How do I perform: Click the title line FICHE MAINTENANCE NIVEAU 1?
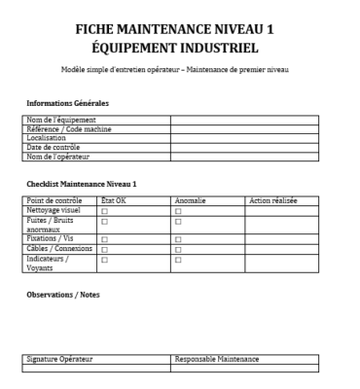[180, 30]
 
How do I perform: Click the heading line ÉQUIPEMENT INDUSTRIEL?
[180, 50]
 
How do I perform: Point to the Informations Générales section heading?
[66, 103]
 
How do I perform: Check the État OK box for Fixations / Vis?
[104, 238]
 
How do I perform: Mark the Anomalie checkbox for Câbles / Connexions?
[178, 248]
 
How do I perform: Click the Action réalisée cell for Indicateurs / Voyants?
[281, 262]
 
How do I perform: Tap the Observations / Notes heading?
[62, 295]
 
